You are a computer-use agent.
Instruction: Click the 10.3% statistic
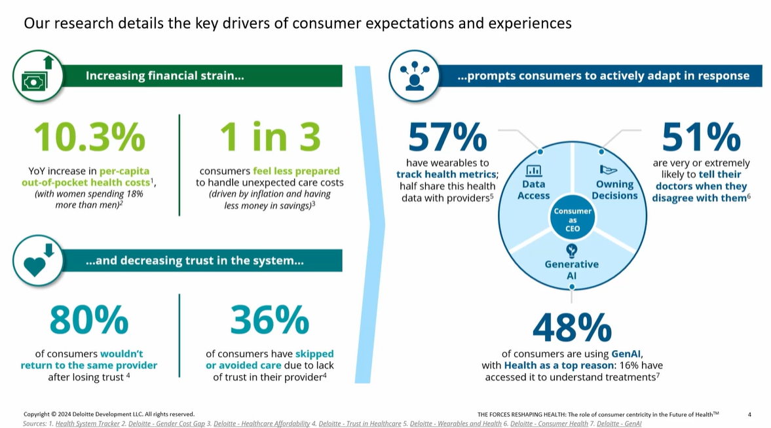coord(89,137)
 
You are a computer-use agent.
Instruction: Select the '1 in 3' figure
coord(270,137)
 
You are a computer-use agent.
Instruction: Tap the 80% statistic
coord(89,321)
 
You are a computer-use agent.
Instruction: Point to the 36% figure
coord(269,321)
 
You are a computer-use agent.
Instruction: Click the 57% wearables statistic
coord(447,137)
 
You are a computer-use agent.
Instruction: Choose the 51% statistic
coord(701,137)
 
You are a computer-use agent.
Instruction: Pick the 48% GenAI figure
coord(572,328)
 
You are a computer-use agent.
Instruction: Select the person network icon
coord(414,76)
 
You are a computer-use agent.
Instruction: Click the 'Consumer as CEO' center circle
coord(573,220)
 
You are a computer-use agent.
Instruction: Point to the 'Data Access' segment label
coord(534,190)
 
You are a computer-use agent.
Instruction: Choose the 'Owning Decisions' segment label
coord(614,190)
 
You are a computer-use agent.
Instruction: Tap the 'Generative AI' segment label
coord(572,270)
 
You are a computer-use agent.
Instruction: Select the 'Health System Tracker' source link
coord(87,423)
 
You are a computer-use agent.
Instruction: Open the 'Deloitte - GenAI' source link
coord(619,423)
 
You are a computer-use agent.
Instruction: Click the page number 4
coord(749,414)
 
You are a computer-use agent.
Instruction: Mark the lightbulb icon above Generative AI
coord(572,249)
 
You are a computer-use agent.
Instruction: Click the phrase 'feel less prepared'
coord(296,171)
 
